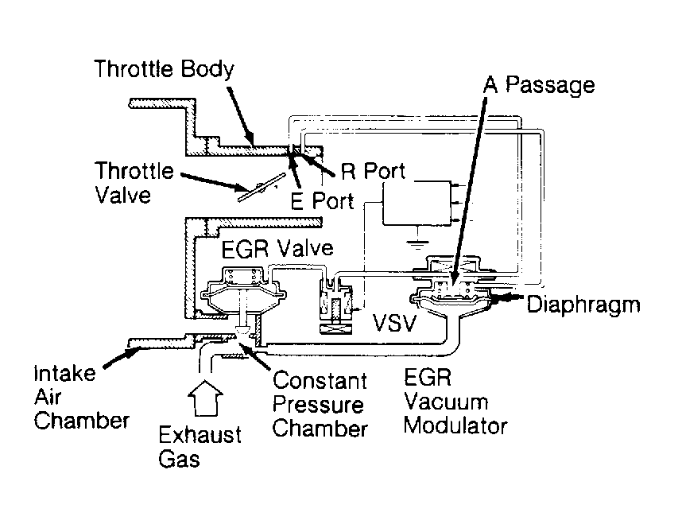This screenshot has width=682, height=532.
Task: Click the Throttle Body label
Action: click(164, 70)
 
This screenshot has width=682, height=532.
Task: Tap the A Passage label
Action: click(539, 84)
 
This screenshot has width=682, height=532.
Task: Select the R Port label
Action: click(373, 172)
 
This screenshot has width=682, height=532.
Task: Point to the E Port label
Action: click(322, 201)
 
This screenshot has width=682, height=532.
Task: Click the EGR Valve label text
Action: click(277, 249)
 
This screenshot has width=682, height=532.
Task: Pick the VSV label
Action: click(394, 322)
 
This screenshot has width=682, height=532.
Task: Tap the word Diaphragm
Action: click(583, 305)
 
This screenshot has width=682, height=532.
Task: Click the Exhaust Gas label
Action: click(200, 447)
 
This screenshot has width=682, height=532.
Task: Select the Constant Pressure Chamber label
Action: click(320, 405)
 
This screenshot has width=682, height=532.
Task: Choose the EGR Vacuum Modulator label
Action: click(455, 402)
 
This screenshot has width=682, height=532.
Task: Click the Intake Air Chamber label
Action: click(82, 397)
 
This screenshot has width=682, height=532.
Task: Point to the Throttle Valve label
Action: click(134, 183)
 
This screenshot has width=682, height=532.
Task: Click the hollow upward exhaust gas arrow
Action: click(205, 398)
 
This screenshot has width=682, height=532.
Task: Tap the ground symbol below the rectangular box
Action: click(417, 243)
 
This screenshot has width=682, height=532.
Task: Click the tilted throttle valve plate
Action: click(262, 187)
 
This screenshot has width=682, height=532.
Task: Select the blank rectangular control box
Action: click(417, 203)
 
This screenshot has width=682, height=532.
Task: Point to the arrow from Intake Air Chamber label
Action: click(122, 358)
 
